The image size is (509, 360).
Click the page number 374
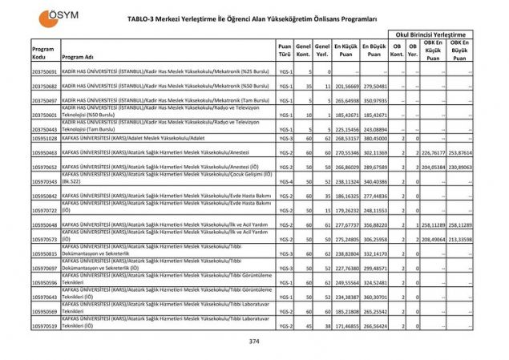pos(254,341)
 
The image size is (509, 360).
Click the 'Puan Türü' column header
pos(284,50)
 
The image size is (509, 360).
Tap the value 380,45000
pos(374,137)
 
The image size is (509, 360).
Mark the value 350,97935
pos(374,100)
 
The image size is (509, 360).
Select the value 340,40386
pos(374,181)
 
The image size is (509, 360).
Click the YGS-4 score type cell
pos(285,181)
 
